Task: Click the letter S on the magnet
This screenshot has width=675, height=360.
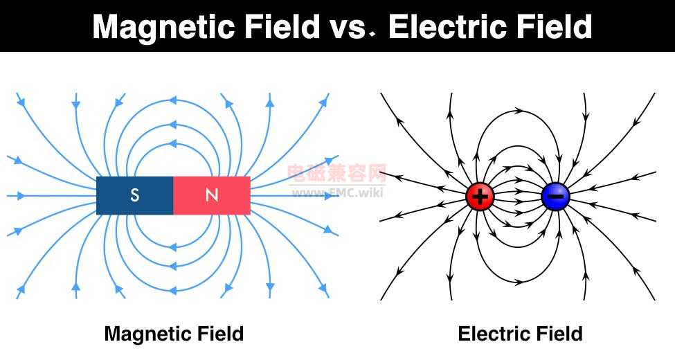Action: pos(135,195)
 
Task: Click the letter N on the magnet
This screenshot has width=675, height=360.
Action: pos(212,195)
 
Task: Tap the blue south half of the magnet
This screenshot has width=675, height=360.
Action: pos(135,195)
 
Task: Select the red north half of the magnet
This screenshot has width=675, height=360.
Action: pos(212,195)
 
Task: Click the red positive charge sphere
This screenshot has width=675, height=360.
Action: pos(480,197)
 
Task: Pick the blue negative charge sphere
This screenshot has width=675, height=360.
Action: pos(555,197)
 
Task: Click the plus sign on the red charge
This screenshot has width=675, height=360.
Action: pos(480,197)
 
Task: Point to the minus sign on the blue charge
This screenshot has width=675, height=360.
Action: pos(555,197)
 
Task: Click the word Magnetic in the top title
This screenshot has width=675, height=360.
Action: pos(163,27)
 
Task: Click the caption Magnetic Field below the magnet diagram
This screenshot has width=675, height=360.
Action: pos(174,334)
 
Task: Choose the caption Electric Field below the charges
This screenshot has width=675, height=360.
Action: pos(520,334)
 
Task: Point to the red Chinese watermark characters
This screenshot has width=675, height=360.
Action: pos(336,174)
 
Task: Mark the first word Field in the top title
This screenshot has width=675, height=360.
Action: pos(282,27)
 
